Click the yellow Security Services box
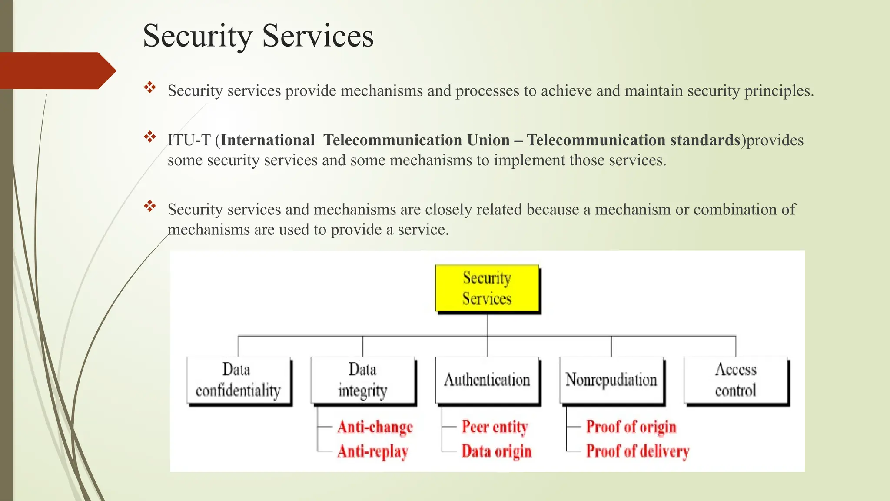pyautogui.click(x=487, y=288)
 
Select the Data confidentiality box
pyautogui.click(x=238, y=380)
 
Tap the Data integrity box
pyautogui.click(x=362, y=380)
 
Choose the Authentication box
pyautogui.click(x=487, y=380)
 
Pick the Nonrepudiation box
pyautogui.click(x=611, y=380)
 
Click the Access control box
pyautogui.click(x=735, y=380)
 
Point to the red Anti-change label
pyautogui.click(x=375, y=427)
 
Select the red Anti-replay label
pyautogui.click(x=373, y=451)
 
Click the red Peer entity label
pyautogui.click(x=495, y=427)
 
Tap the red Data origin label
pyautogui.click(x=496, y=451)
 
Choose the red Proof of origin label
pyautogui.click(x=631, y=427)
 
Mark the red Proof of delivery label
pyautogui.click(x=638, y=451)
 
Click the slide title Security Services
pyautogui.click(x=258, y=36)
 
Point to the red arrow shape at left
pyautogui.click(x=56, y=70)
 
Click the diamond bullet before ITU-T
pyautogui.click(x=150, y=137)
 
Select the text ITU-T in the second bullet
pyautogui.click(x=189, y=140)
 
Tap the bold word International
pyautogui.click(x=268, y=140)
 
